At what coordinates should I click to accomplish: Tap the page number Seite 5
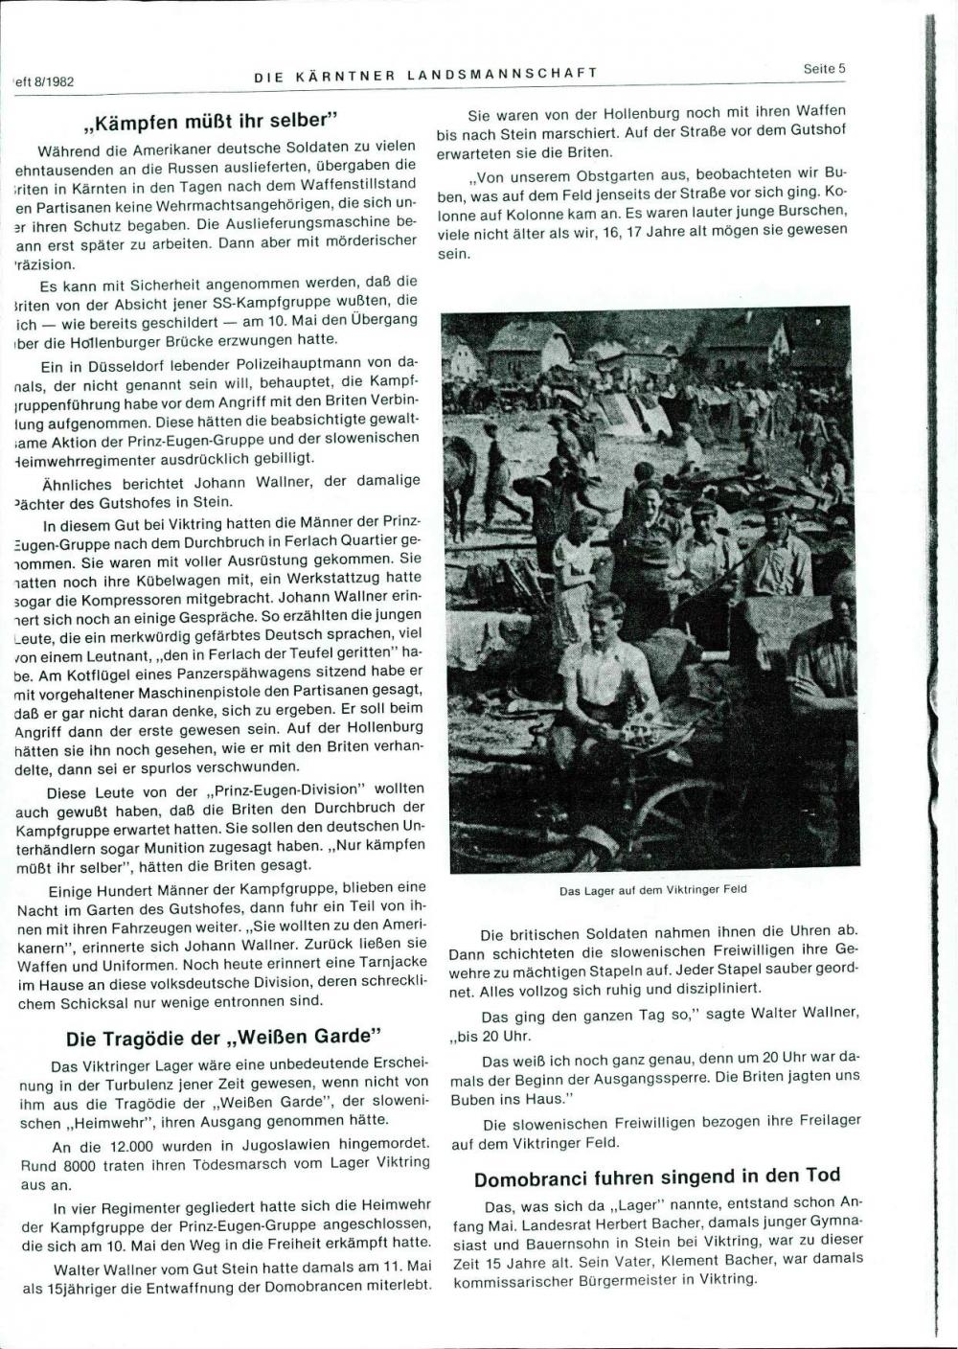click(x=824, y=69)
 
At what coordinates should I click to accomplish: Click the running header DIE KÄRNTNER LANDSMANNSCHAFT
click(x=426, y=73)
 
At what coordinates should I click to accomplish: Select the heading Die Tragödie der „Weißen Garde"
click(x=224, y=1038)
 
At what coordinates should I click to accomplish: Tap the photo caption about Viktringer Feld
click(x=652, y=888)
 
